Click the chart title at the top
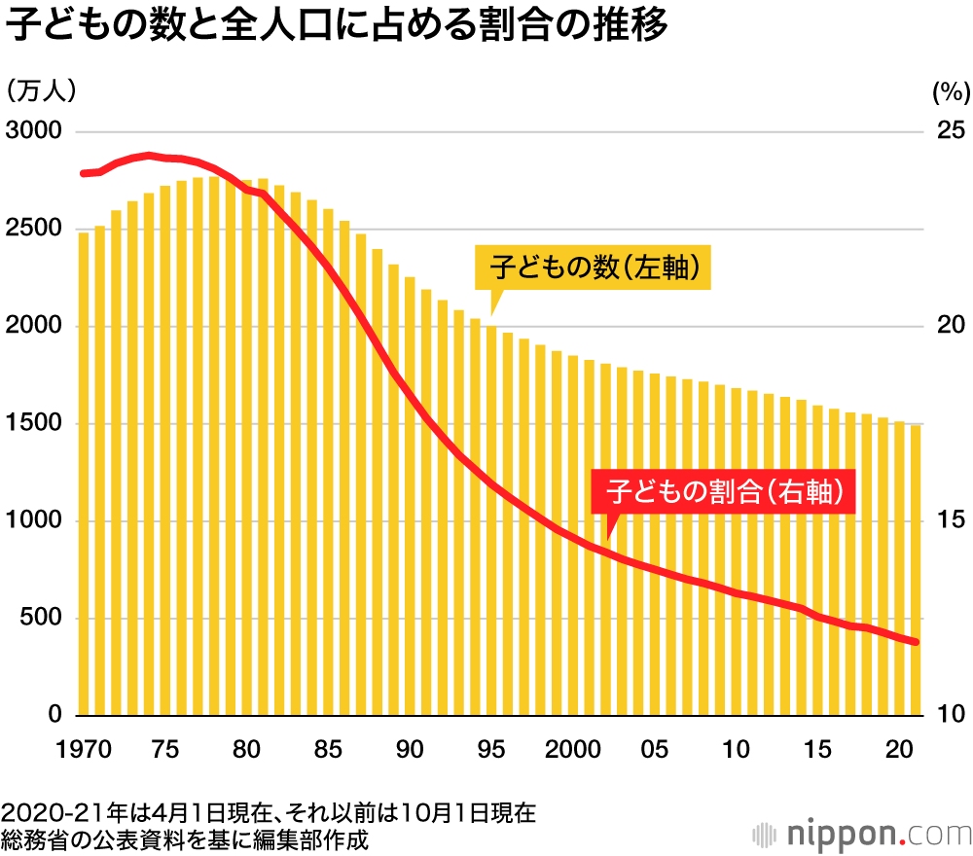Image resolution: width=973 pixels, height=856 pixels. (x=336, y=27)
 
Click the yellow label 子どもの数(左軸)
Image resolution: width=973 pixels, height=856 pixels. (x=594, y=267)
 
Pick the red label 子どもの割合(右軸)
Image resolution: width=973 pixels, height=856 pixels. (x=723, y=490)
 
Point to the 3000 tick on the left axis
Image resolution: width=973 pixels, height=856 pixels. (x=34, y=131)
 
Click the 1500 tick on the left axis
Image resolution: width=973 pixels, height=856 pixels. (x=34, y=424)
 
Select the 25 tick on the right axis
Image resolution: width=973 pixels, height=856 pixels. (x=949, y=131)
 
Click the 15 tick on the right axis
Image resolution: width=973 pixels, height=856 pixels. (x=949, y=521)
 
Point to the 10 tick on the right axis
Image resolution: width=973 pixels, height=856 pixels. (x=949, y=716)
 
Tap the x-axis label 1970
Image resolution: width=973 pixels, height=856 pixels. (x=84, y=750)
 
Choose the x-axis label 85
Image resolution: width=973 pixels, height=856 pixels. (x=329, y=750)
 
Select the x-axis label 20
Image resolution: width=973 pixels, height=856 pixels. (x=900, y=750)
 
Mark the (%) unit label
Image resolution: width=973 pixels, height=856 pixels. (x=951, y=92)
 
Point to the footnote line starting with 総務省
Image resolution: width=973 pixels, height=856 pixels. (x=185, y=838)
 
